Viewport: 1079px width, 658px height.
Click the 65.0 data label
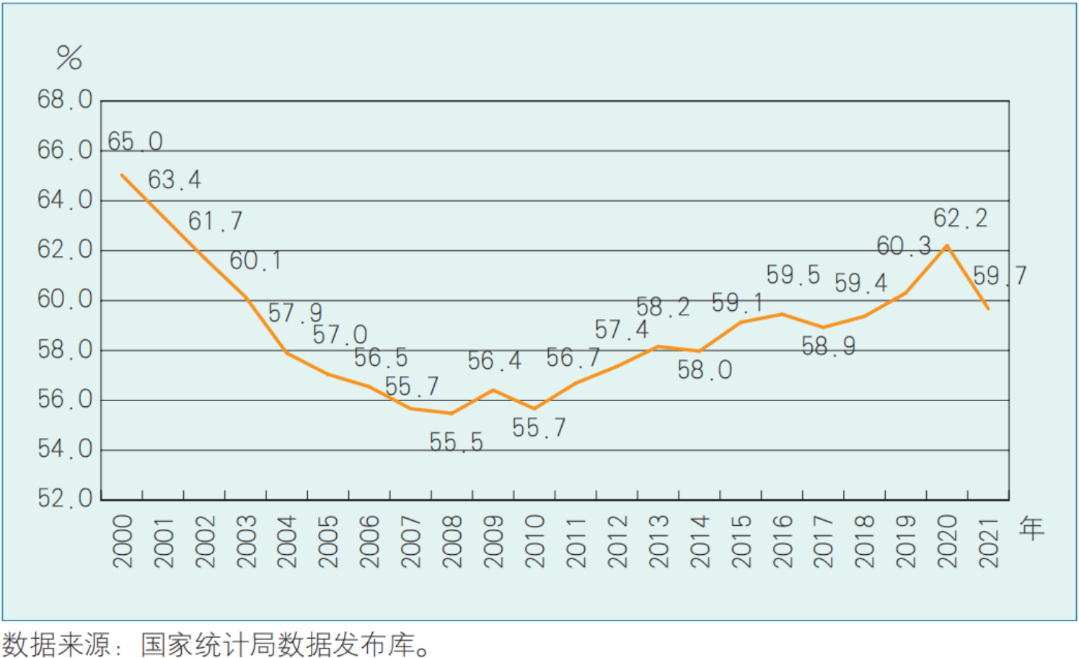coord(135,141)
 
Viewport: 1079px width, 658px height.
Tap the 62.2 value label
coord(960,218)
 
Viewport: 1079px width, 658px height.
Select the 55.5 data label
coord(456,442)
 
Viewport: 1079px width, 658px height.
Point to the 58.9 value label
coord(828,346)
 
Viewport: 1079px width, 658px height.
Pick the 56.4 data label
coord(494,361)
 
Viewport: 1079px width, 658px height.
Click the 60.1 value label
coord(255,260)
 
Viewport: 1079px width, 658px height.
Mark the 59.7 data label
coord(999,276)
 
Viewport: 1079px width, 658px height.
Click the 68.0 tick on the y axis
coord(65,100)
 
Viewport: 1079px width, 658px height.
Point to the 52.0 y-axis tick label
coord(65,498)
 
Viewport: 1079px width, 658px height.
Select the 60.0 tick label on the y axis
coord(65,299)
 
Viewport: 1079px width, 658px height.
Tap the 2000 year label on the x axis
coord(123,541)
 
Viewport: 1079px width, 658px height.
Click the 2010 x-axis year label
coord(535,541)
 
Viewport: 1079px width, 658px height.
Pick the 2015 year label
coord(741,541)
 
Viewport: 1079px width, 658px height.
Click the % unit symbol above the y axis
coord(69,57)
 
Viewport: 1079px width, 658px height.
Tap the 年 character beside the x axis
coord(1031,528)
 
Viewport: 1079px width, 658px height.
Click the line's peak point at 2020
coord(946,246)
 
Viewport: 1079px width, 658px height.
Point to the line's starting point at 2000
coord(122,175)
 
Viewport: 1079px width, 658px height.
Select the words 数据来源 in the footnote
coord(56,644)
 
